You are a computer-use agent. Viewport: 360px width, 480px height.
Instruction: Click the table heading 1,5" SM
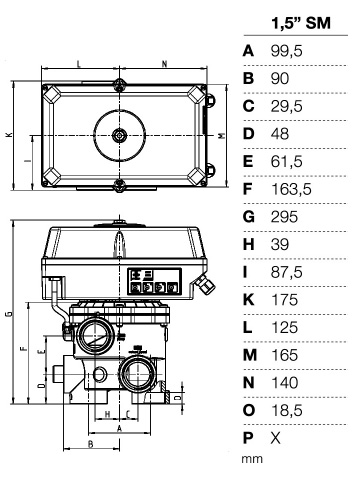click(301, 23)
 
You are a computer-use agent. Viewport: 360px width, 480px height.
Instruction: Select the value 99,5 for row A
click(287, 51)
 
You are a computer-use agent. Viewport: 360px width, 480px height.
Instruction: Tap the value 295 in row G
click(284, 217)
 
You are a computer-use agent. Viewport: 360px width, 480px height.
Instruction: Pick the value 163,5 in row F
click(291, 189)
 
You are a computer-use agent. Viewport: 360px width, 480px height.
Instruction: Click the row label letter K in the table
click(249, 299)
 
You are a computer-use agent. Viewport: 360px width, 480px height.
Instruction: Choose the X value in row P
click(276, 437)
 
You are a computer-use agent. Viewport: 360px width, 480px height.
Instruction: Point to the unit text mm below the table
click(252, 459)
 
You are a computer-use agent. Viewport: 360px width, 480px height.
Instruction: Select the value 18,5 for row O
click(287, 410)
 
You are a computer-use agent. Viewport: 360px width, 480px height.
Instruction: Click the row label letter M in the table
click(250, 355)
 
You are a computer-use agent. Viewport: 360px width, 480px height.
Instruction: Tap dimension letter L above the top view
click(79, 64)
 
